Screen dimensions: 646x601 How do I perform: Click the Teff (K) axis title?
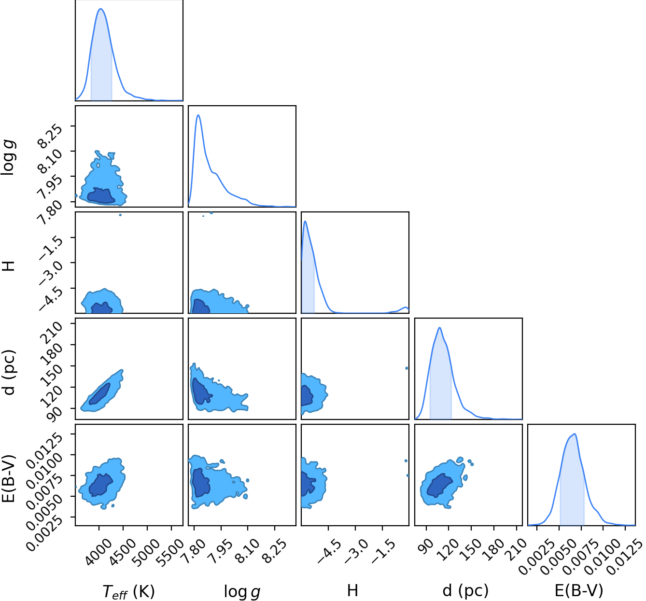pos(128,591)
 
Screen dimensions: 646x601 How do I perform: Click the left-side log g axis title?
pos(9,158)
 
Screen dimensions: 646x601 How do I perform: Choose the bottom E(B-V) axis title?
pos(579,590)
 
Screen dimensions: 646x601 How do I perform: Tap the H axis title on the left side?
pos(9,266)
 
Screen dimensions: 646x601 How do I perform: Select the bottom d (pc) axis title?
pos(465,590)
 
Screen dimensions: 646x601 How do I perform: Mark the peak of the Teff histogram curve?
pos(101,9)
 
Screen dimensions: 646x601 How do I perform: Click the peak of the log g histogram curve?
pos(198,115)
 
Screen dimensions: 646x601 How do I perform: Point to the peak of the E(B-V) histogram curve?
pos(575,434)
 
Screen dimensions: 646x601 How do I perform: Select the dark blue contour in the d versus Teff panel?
pos(99,394)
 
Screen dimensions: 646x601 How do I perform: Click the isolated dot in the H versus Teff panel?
pos(120,215)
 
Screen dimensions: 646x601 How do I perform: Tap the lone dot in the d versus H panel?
pos(407,368)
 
